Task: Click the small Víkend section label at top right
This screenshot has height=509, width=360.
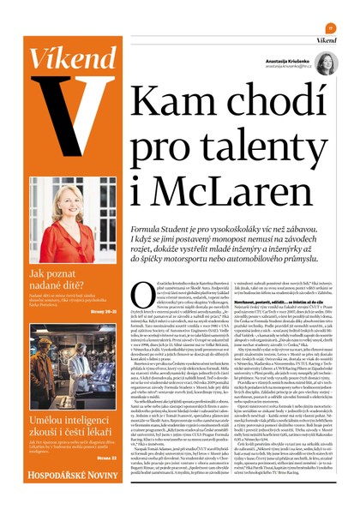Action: (325, 40)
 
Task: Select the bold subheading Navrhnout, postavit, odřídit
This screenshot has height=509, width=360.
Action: (256, 302)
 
